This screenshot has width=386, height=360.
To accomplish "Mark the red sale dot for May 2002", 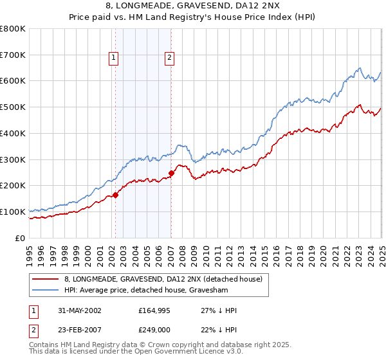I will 116,195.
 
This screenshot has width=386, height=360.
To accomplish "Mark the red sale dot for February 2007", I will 172,172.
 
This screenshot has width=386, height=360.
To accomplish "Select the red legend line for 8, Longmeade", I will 46,279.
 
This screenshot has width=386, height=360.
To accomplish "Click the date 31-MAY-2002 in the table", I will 80,310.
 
